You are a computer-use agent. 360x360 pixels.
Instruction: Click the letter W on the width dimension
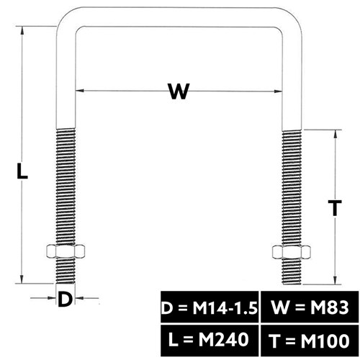(179, 91)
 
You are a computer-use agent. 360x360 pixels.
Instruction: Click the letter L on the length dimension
(22, 171)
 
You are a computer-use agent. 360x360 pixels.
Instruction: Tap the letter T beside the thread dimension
(335, 208)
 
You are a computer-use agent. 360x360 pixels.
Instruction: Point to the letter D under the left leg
(65, 299)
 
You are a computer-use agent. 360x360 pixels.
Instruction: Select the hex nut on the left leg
(66, 251)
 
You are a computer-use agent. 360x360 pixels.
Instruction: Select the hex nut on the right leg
(292, 252)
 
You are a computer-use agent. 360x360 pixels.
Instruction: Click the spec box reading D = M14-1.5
(210, 307)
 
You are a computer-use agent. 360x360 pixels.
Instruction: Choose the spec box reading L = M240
(210, 341)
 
